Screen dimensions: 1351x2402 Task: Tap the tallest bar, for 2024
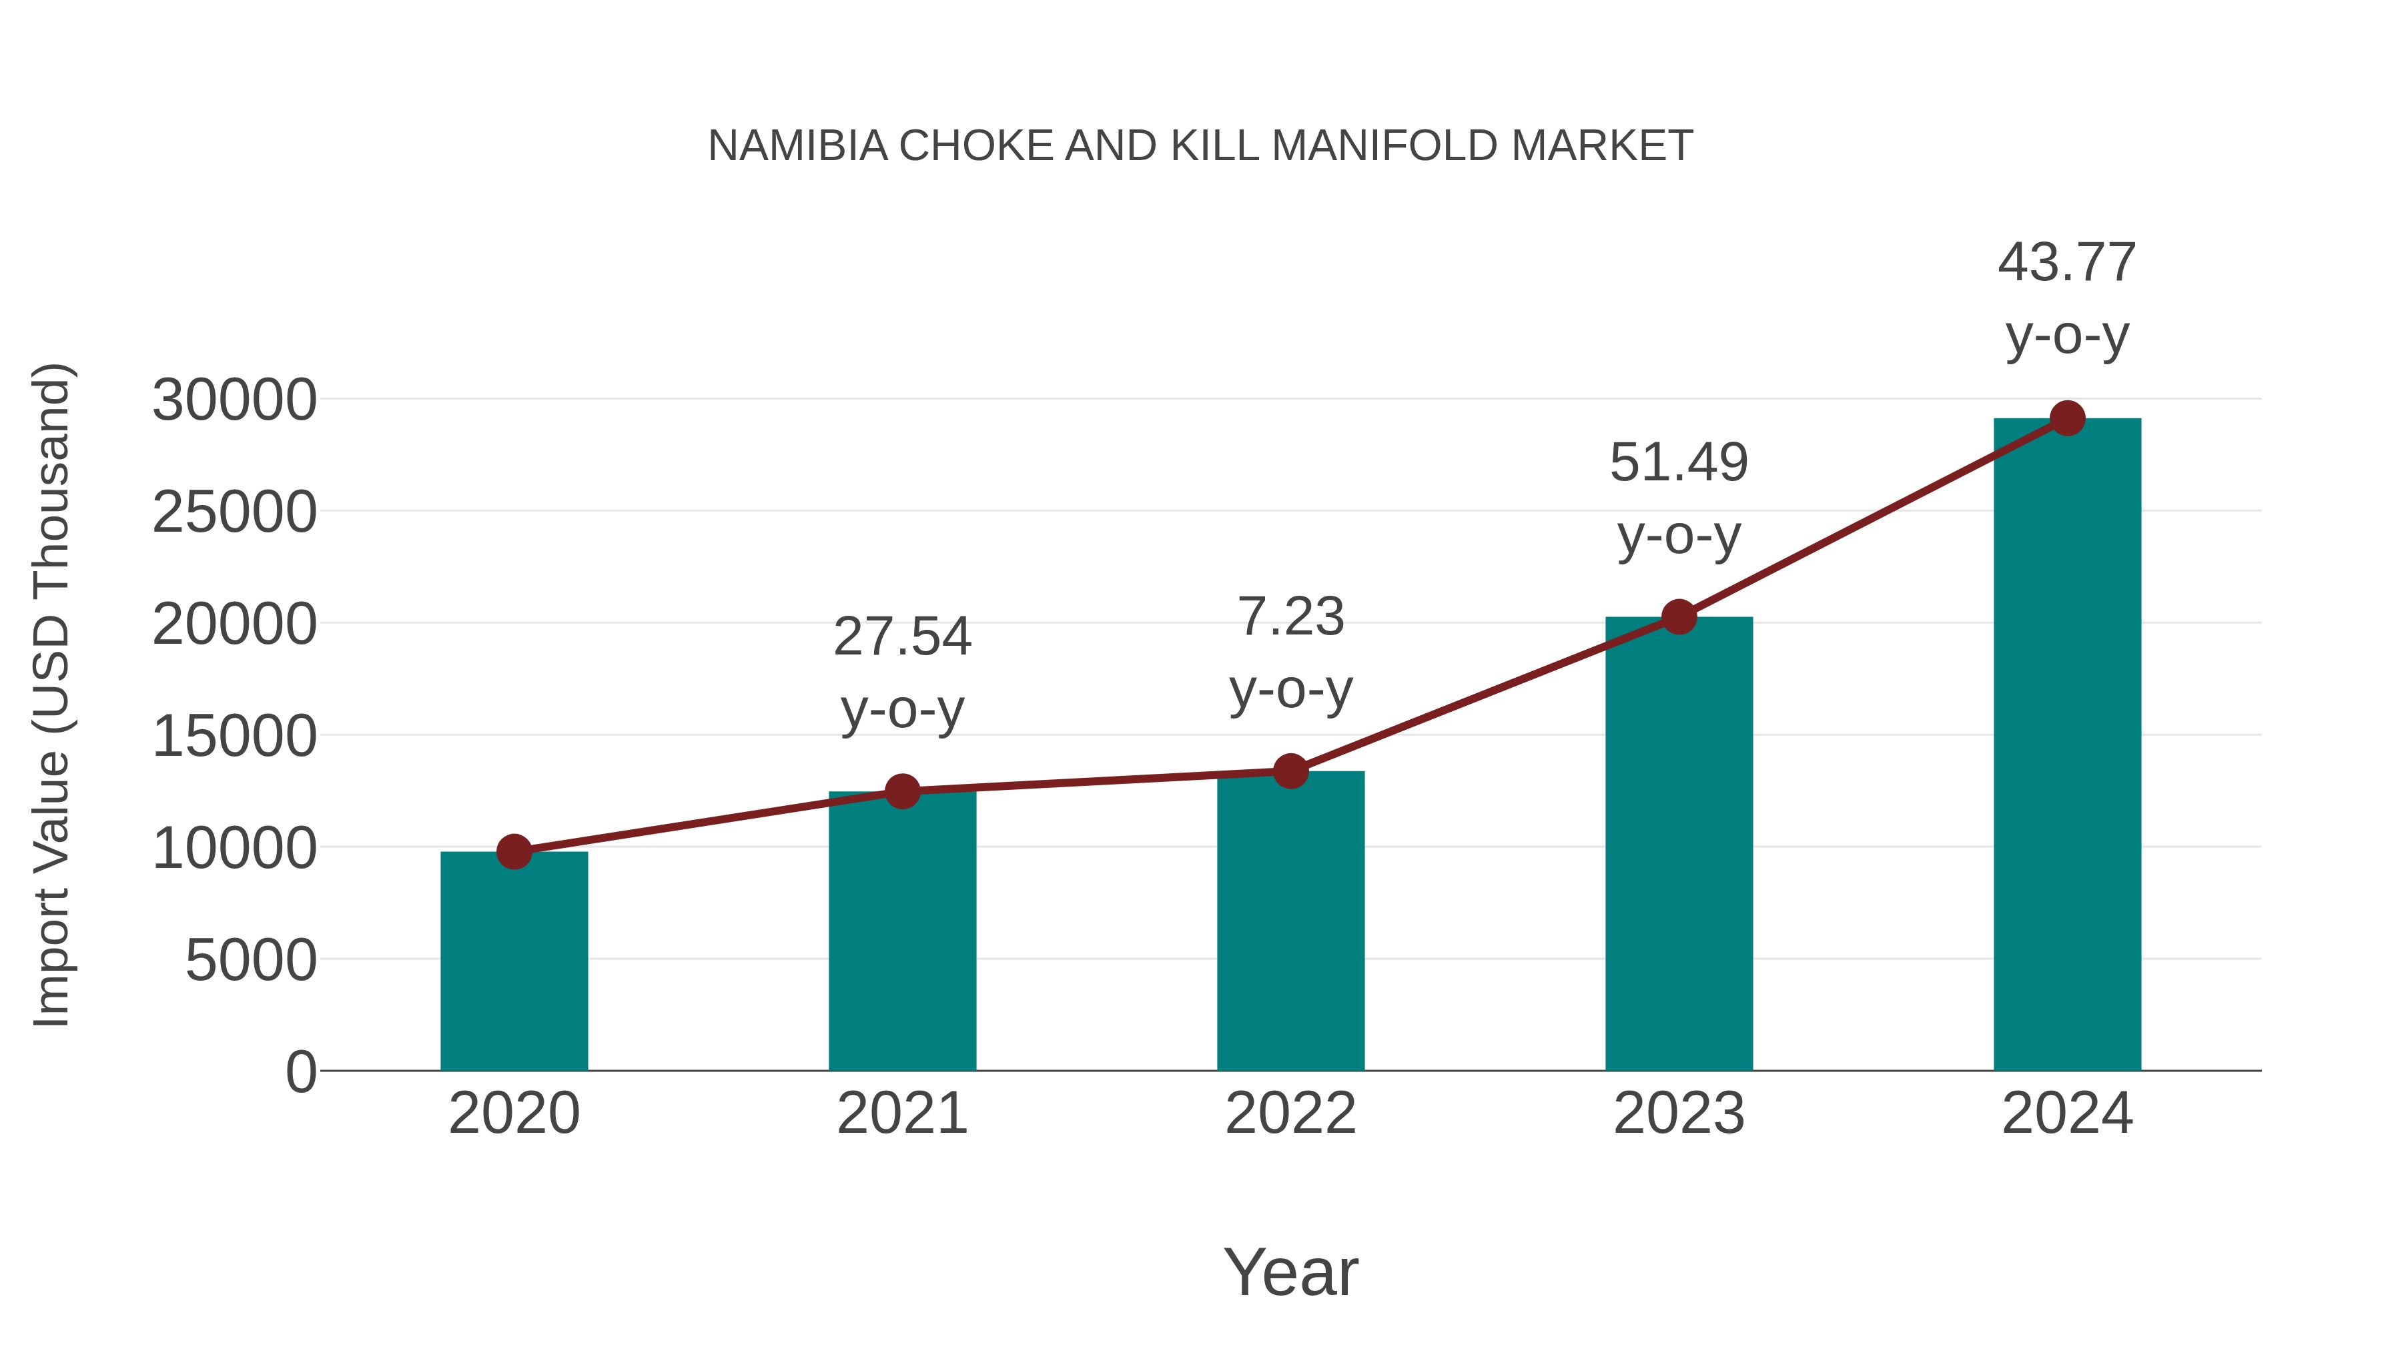2067,746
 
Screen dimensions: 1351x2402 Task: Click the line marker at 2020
514,851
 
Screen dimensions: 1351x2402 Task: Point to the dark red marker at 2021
901,791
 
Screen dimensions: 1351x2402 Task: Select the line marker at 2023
1679,616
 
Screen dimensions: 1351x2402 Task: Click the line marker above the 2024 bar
2067,418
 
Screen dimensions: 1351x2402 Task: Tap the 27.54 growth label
901,637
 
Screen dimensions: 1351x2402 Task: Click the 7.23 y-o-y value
1290,617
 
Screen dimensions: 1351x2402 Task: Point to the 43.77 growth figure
2066,262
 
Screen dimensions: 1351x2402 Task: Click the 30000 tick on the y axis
234,400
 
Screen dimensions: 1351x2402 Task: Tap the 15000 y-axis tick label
234,736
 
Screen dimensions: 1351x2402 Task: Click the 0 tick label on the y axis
300,1071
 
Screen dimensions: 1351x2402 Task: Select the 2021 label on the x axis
901,1113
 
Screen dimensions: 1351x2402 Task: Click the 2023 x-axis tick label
1679,1113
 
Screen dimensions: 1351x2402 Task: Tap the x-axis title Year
1290,1272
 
